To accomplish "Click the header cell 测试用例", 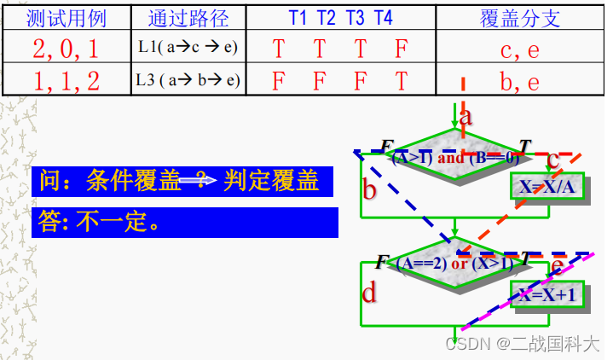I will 67,18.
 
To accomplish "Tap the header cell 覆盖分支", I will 520,18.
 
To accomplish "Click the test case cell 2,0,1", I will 67,49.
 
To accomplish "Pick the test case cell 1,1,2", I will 67,81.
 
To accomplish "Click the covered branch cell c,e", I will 520,49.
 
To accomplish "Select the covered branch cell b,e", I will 520,81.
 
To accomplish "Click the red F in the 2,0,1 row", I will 402,49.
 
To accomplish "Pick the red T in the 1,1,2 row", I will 402,82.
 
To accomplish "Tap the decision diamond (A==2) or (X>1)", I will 455,263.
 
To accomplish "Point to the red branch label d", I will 369,293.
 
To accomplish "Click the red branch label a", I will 466,118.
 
